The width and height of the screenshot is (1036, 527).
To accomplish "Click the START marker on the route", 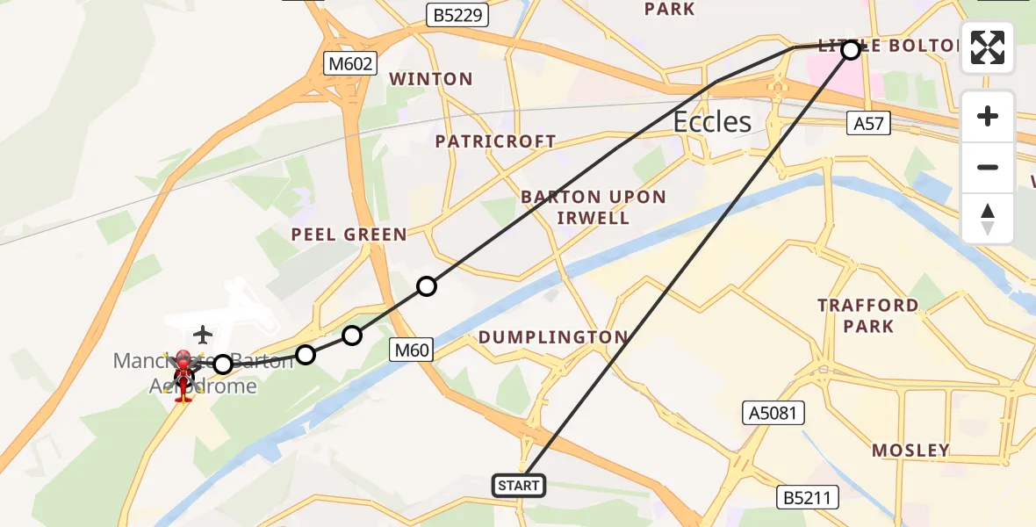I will [519, 485].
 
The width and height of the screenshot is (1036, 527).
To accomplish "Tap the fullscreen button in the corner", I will [988, 47].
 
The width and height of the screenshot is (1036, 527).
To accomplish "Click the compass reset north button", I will [988, 219].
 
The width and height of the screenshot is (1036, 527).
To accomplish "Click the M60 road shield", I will [411, 350].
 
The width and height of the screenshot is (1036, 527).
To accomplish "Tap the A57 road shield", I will [868, 124].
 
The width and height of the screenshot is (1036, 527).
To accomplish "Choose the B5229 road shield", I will [457, 15].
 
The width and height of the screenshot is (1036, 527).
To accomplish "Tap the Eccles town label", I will [712, 121].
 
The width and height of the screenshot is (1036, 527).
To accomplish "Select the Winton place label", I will [431, 79].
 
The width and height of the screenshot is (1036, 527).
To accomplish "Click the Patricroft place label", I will [495, 141].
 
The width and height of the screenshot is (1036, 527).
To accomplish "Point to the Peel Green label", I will [349, 235].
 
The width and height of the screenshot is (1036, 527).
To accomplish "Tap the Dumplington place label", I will [553, 337].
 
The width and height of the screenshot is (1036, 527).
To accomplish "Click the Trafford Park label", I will [868, 316].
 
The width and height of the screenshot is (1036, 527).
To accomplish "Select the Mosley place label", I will [910, 451].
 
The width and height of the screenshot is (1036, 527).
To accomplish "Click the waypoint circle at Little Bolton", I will [850, 50].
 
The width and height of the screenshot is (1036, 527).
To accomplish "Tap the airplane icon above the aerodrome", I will [203, 335].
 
